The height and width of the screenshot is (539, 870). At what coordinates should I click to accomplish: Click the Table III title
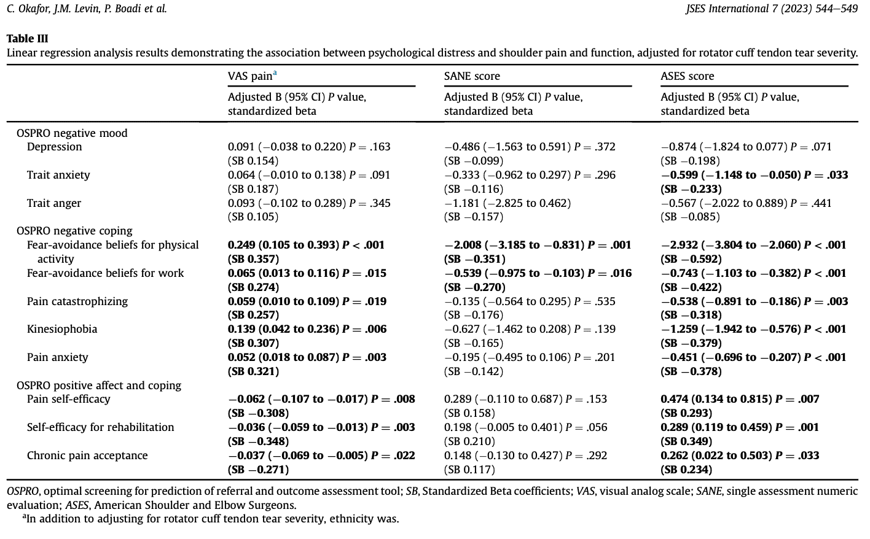tap(27, 39)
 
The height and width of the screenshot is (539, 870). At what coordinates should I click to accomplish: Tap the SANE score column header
tap(472, 76)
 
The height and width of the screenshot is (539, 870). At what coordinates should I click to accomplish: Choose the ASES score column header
tap(687, 76)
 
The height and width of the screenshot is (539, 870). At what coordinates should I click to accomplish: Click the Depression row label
tap(54, 147)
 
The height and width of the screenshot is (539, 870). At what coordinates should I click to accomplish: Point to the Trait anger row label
tap(54, 203)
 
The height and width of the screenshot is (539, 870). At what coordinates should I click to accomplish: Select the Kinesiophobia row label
tap(62, 329)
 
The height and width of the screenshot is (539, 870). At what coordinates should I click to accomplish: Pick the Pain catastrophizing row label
tap(77, 301)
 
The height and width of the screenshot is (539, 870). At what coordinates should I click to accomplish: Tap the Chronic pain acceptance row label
tap(87, 456)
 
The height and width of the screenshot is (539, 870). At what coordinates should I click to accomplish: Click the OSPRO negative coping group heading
tap(74, 231)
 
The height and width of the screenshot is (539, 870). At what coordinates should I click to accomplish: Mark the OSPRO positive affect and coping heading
tap(99, 386)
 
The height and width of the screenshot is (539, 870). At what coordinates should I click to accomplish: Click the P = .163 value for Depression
tap(370, 147)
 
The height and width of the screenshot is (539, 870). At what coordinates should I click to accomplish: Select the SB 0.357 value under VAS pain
tap(253, 259)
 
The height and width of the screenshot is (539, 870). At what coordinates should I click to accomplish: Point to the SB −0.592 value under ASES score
tap(691, 259)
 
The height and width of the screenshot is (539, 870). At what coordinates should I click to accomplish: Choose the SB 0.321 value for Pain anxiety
tap(253, 371)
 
